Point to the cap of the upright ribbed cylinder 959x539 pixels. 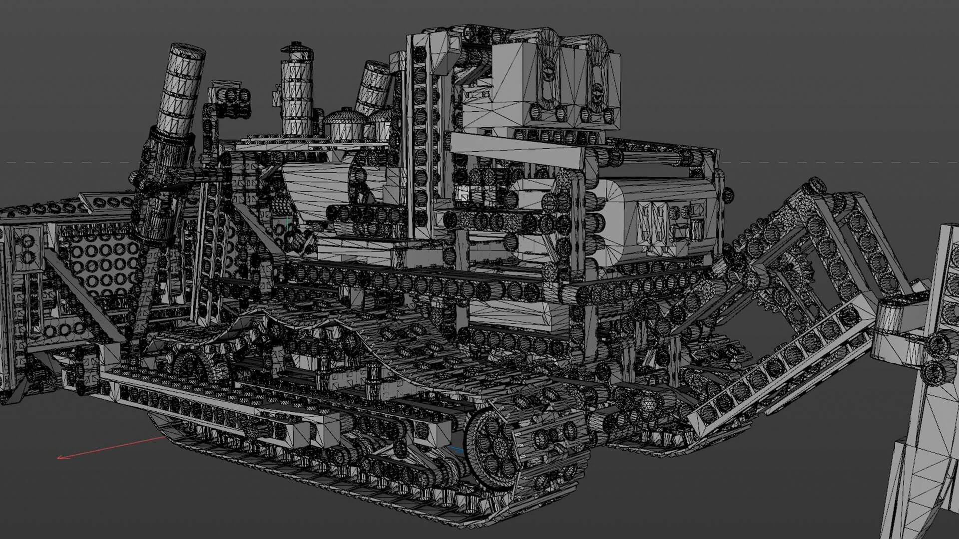click(296, 50)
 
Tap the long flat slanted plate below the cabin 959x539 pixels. click(517, 149)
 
